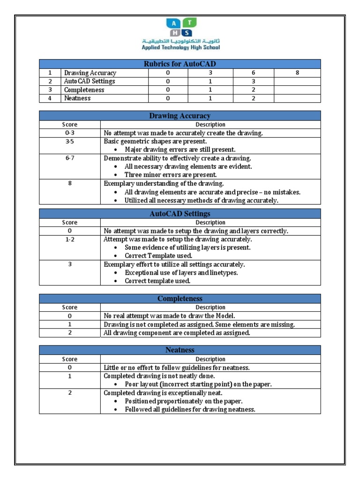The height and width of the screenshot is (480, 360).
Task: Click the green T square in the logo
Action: click(190, 23)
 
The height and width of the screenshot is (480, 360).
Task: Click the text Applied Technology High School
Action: click(180, 47)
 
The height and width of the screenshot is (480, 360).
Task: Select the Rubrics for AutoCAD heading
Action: click(180, 64)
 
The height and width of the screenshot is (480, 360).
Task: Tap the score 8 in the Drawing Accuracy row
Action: click(297, 73)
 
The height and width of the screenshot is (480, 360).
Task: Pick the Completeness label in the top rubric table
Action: click(84, 90)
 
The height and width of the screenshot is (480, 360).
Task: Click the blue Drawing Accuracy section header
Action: click(180, 116)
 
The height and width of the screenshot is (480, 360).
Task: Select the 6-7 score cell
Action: click(70, 158)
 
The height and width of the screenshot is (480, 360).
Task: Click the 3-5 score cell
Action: click(70, 142)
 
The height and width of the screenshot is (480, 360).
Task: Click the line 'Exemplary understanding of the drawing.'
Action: click(164, 183)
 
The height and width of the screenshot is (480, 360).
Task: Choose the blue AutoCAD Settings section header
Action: click(180, 214)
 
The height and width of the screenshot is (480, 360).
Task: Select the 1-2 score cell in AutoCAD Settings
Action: click(70, 240)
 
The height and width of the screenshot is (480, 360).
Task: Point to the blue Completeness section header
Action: click(180, 299)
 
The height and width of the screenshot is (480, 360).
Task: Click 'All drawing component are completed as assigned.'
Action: click(177, 333)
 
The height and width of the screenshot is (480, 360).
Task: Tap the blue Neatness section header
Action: click(180, 350)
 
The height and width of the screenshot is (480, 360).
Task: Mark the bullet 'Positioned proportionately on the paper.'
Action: click(183, 401)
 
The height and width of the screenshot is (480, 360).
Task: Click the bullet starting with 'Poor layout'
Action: click(198, 384)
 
